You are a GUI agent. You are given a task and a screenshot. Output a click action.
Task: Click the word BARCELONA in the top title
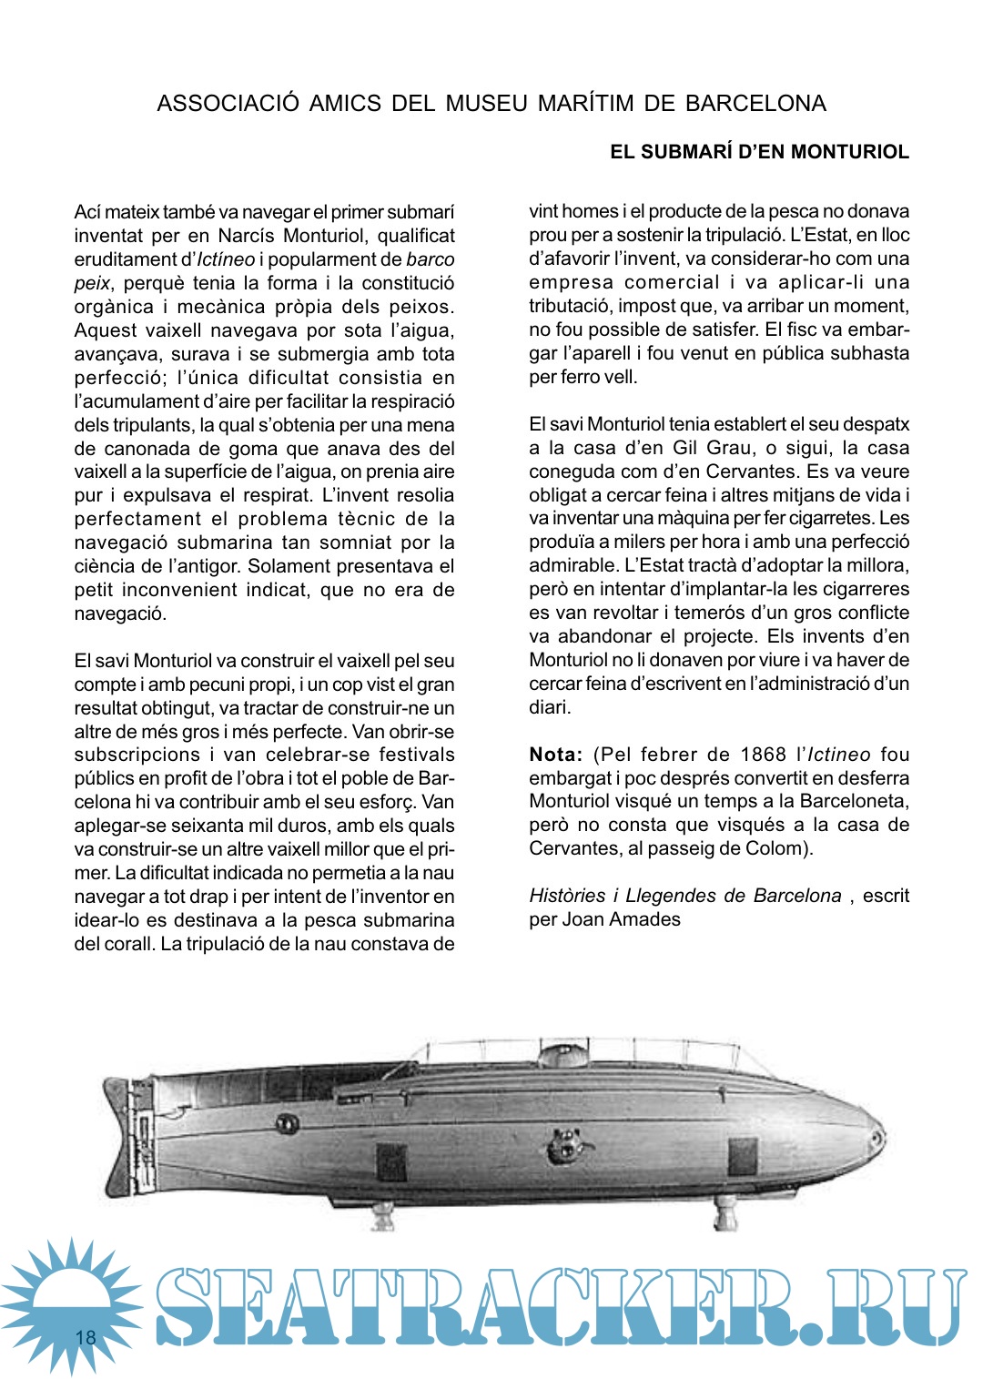pyautogui.click(x=755, y=104)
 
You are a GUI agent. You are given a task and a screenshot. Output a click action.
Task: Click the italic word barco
pyautogui.click(x=430, y=259)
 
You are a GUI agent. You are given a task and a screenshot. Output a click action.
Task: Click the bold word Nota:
pyautogui.click(x=556, y=755)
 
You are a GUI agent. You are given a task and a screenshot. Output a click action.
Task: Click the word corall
pyautogui.click(x=127, y=944)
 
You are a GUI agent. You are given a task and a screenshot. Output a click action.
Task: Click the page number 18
pyautogui.click(x=86, y=1337)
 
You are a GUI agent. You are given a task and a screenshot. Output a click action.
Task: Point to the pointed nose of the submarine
pyautogui.click(x=878, y=1138)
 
